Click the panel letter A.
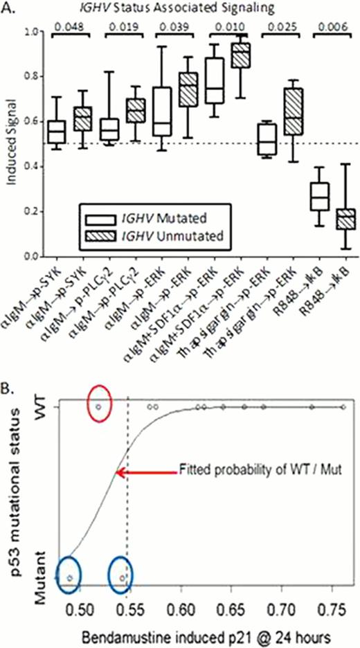[6, 7]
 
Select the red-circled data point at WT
[99, 407]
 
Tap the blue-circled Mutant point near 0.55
[122, 577]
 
